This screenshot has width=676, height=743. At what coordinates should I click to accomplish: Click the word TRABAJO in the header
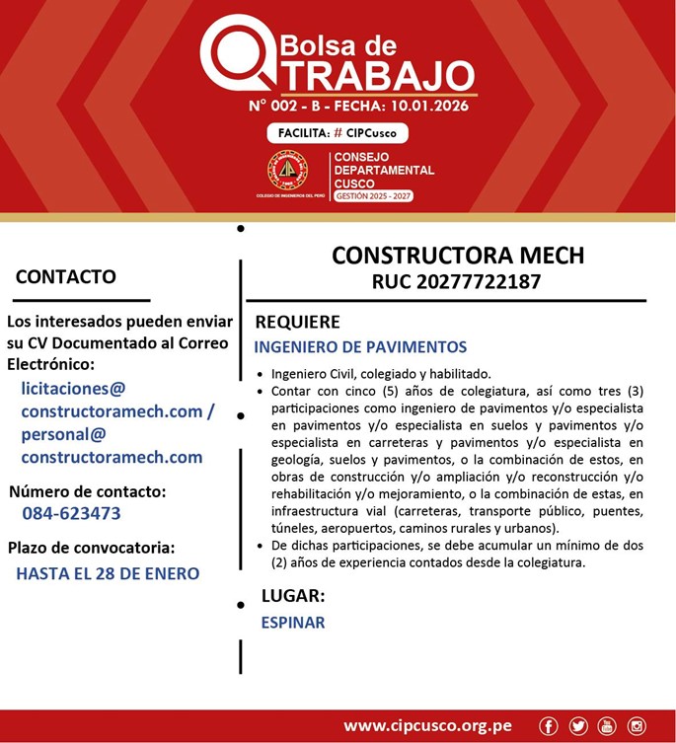(x=371, y=75)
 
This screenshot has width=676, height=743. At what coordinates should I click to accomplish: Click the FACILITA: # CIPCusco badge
(x=337, y=133)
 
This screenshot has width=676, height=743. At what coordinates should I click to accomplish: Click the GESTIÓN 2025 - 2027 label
(x=373, y=195)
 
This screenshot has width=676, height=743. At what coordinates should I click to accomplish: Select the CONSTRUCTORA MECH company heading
(x=457, y=256)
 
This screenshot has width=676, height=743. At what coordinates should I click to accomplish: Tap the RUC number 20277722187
(x=456, y=282)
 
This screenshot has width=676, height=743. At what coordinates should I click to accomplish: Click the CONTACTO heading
(x=65, y=277)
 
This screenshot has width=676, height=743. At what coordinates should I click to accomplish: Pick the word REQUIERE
(x=297, y=322)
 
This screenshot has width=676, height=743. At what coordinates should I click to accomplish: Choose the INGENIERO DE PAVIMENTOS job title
(x=360, y=347)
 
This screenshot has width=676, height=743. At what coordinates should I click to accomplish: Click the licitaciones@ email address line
(x=73, y=389)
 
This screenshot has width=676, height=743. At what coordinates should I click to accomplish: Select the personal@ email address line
(x=63, y=434)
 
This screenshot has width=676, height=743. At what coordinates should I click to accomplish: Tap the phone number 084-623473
(x=71, y=513)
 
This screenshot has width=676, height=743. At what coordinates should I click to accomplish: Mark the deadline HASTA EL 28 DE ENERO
(x=108, y=573)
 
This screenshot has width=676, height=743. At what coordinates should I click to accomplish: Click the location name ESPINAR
(x=292, y=623)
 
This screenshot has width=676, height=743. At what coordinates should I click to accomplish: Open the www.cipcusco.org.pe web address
(x=427, y=726)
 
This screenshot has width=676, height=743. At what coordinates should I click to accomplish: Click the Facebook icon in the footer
(x=549, y=726)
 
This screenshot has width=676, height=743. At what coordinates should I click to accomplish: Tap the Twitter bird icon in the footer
(x=578, y=726)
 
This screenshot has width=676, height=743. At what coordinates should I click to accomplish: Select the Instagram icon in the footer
(x=637, y=726)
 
